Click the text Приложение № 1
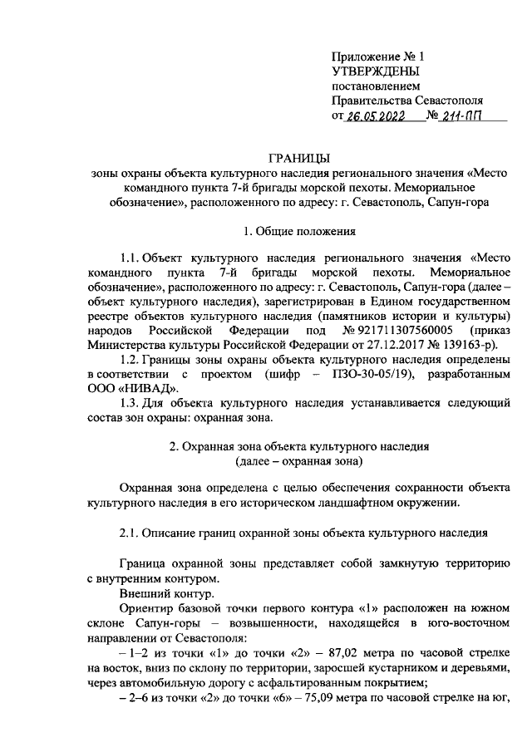click(377, 57)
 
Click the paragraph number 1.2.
click(131, 358)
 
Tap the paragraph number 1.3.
click(131, 404)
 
